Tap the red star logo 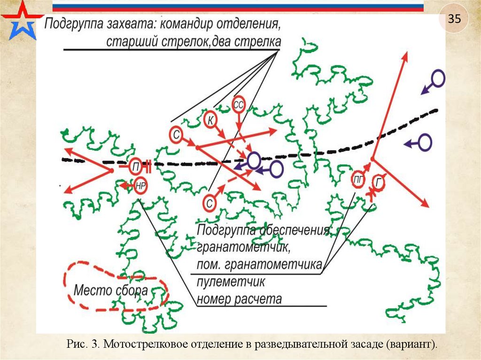pyautogui.click(x=21, y=21)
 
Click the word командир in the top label pyautogui.click(x=192, y=23)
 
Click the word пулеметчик pyautogui.click(x=231, y=283)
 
